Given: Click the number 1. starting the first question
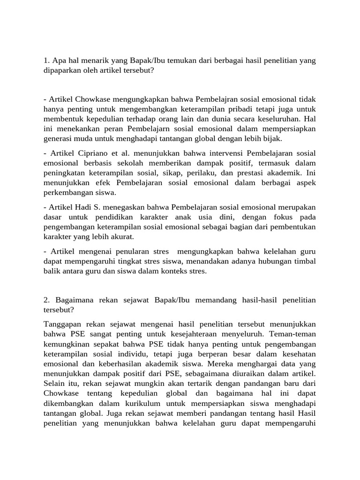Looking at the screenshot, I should pos(46,60).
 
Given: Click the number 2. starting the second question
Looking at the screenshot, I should pos(46,300).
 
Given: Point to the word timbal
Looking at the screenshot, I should pos(304,261).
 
